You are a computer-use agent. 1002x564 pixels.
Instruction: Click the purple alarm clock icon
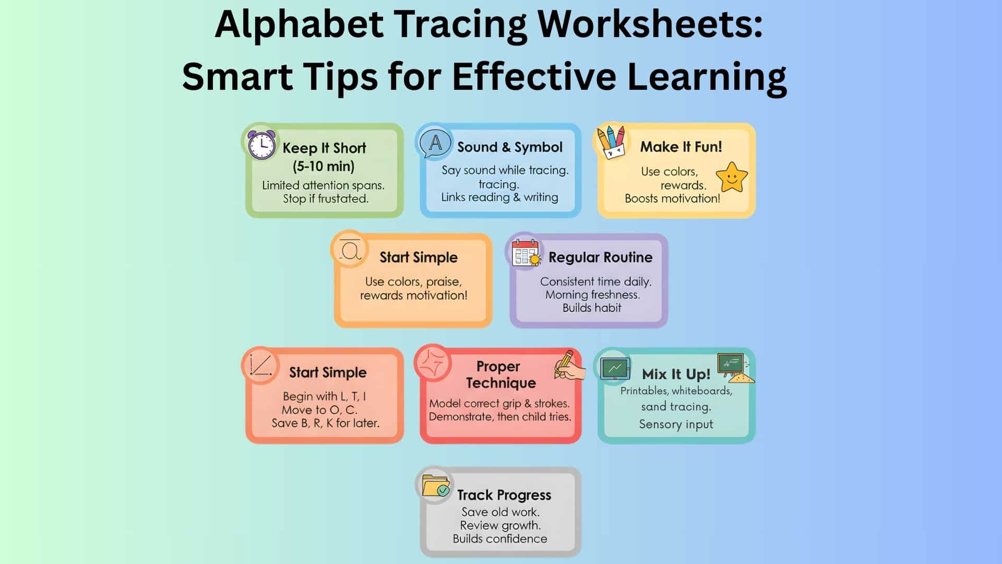click(x=261, y=145)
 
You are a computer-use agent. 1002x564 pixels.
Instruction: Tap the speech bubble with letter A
click(x=435, y=143)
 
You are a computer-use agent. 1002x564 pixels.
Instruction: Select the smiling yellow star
click(x=732, y=177)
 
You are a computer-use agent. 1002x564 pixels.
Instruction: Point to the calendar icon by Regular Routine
click(x=526, y=253)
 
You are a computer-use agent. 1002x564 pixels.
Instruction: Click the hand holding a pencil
click(x=568, y=365)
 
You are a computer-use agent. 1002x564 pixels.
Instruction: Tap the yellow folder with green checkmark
click(x=436, y=486)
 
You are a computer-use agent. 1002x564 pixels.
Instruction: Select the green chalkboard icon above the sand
click(x=731, y=363)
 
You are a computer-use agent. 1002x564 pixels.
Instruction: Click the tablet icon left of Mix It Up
click(x=615, y=369)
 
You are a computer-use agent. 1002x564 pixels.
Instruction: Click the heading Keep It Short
click(x=324, y=148)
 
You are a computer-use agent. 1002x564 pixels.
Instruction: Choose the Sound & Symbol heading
click(x=510, y=147)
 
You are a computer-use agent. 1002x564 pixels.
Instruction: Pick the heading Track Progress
click(x=504, y=495)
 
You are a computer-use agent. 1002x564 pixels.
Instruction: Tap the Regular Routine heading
click(x=600, y=257)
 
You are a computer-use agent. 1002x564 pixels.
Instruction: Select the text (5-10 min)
click(x=324, y=167)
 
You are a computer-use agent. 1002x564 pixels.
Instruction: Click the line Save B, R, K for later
click(x=325, y=423)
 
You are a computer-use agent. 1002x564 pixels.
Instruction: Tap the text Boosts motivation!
click(x=672, y=198)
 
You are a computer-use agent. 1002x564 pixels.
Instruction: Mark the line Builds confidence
click(x=500, y=539)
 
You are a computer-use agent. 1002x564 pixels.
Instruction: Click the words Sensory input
click(x=676, y=424)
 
